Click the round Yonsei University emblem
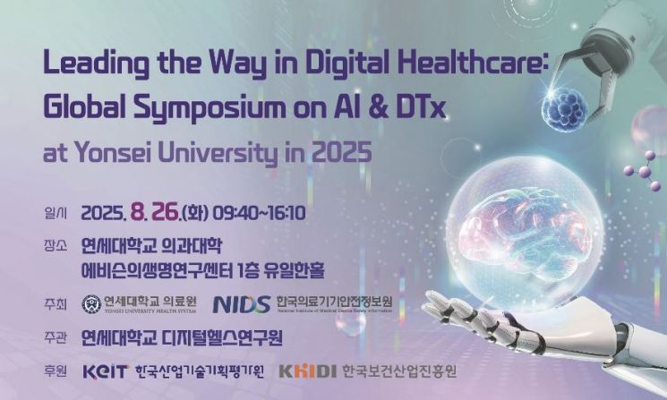point(91,304)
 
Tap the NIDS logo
point(241,304)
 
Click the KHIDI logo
point(308,370)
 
